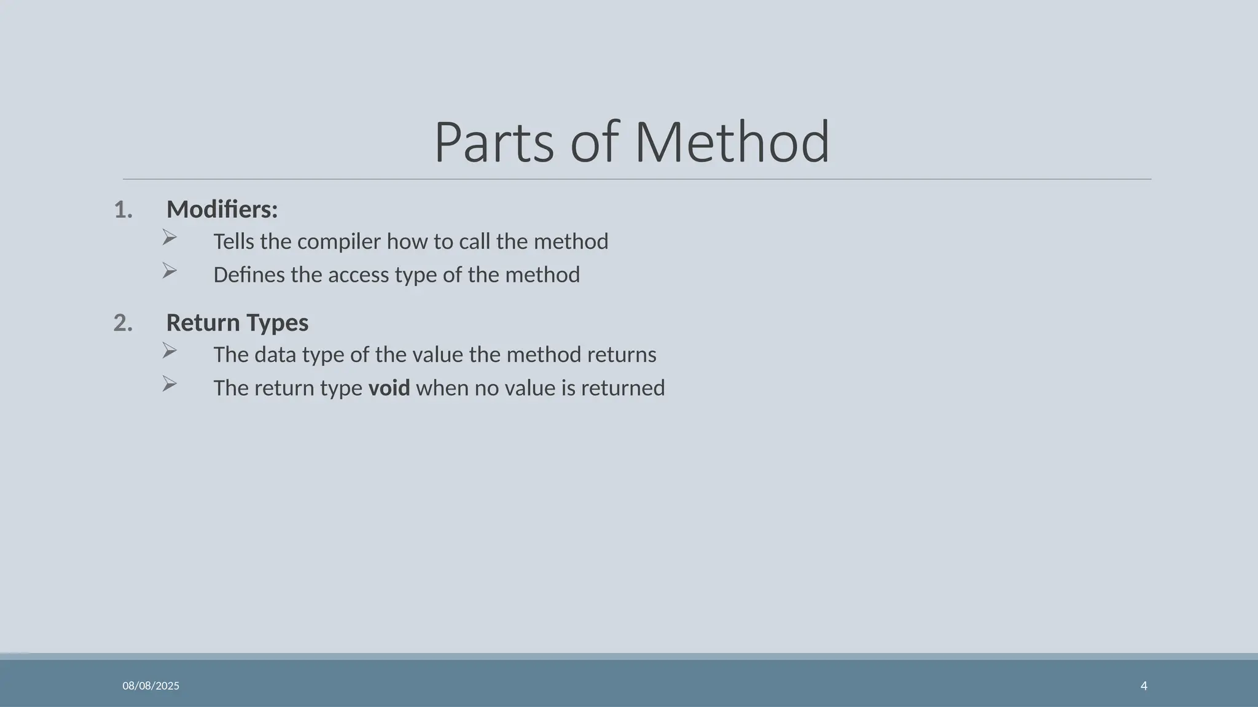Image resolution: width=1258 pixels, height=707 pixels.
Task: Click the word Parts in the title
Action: pyautogui.click(x=494, y=142)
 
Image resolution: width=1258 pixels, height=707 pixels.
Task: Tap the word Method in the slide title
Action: pyautogui.click(x=732, y=142)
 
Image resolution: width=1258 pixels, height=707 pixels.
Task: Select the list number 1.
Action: pyautogui.click(x=123, y=211)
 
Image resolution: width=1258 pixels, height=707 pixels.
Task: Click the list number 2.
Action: pyautogui.click(x=123, y=323)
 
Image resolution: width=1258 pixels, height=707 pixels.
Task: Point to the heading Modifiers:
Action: pyautogui.click(x=222, y=210)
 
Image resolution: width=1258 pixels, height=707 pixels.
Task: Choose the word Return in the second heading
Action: pyautogui.click(x=203, y=323)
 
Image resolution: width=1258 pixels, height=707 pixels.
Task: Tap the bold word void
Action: pyautogui.click(x=389, y=388)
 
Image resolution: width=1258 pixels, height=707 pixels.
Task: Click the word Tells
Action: pyautogui.click(x=233, y=242)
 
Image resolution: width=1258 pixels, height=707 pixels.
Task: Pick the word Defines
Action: pyautogui.click(x=249, y=275)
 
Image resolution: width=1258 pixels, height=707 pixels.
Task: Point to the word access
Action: pyautogui.click(x=358, y=275)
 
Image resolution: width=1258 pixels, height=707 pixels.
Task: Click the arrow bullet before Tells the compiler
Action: pyautogui.click(x=170, y=238)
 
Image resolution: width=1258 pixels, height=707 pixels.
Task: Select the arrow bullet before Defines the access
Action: pyautogui.click(x=170, y=271)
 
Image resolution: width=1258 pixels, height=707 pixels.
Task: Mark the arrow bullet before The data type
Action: pyautogui.click(x=170, y=350)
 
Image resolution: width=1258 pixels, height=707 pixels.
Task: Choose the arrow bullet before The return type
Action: pyautogui.click(x=170, y=384)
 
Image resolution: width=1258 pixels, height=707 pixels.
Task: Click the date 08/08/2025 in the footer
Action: pyautogui.click(x=150, y=686)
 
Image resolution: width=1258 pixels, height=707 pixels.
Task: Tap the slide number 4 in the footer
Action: pyautogui.click(x=1144, y=686)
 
